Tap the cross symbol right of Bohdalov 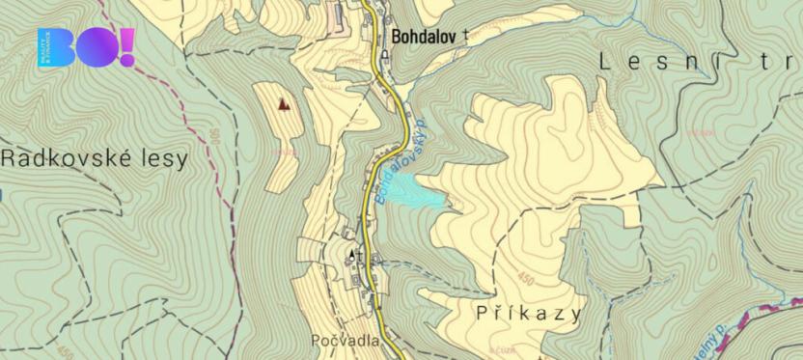466,35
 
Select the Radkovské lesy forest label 95,159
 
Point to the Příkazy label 529,314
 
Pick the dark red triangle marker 283,102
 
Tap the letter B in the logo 56,46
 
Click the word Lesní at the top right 656,61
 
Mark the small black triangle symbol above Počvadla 350,254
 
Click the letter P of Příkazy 483,314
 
